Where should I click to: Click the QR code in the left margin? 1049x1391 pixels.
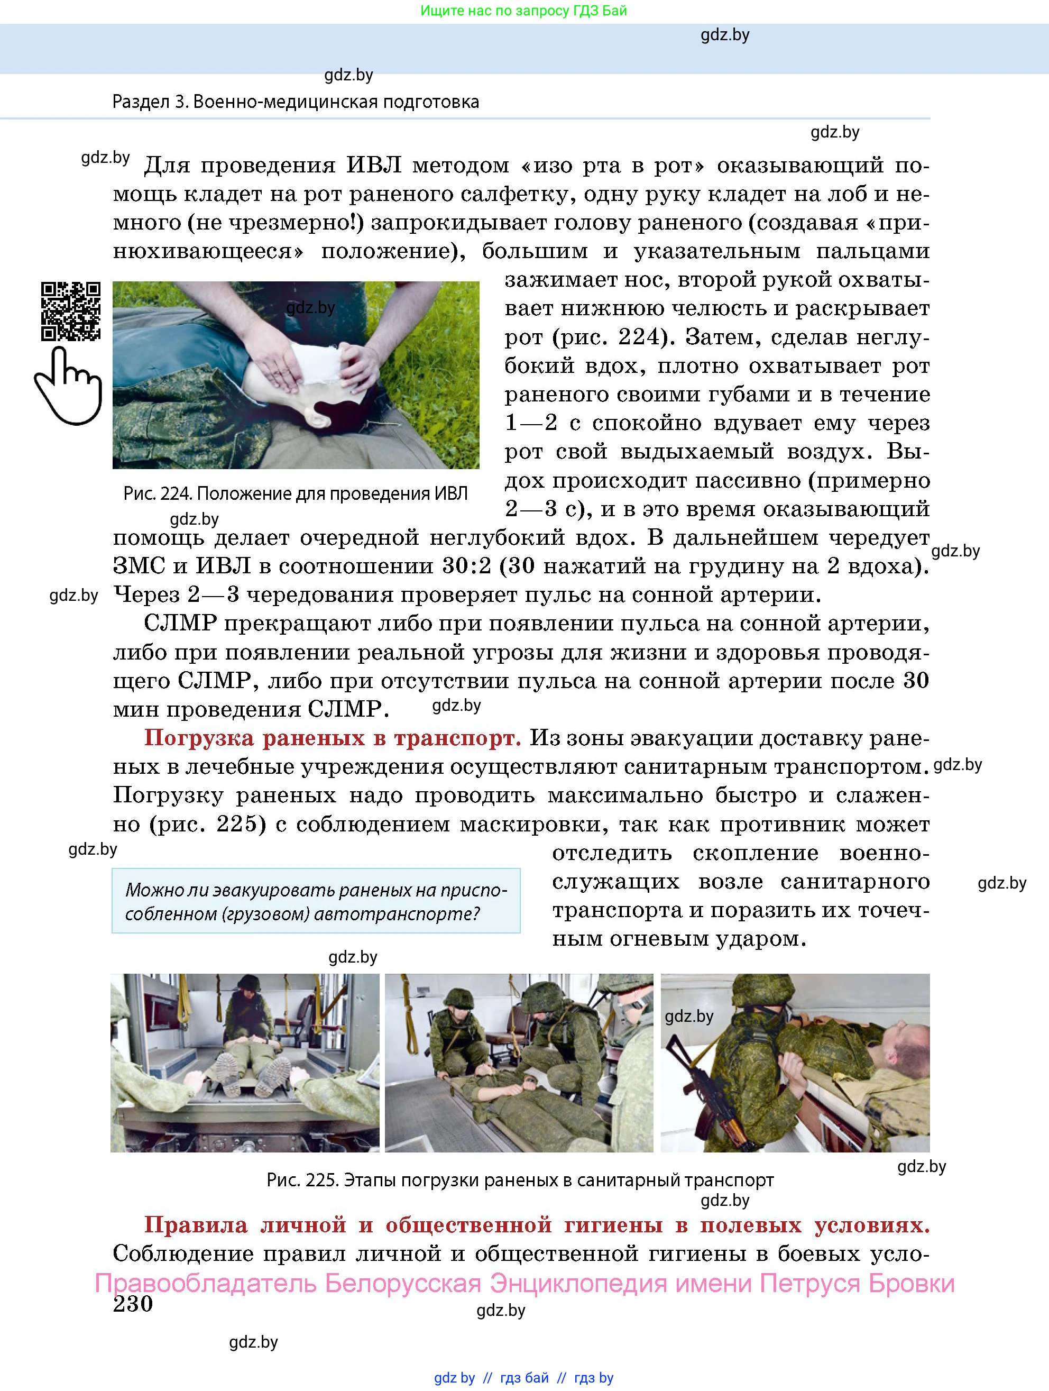pyautogui.click(x=70, y=312)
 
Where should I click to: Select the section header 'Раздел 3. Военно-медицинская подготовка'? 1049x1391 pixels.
pyautogui.click(x=296, y=102)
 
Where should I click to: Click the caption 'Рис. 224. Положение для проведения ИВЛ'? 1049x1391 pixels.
pyautogui.click(x=296, y=493)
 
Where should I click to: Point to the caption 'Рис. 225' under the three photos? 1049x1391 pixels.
pyautogui.click(x=520, y=1180)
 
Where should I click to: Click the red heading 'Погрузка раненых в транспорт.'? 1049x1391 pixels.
pyautogui.click(x=333, y=738)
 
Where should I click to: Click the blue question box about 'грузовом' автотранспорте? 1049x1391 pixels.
pyautogui.click(x=316, y=901)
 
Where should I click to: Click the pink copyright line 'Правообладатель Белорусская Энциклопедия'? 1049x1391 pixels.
pyautogui.click(x=524, y=1283)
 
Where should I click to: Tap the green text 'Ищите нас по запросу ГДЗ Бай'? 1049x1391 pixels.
pyautogui.click(x=523, y=11)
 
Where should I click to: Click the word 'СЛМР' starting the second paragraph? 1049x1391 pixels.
pyautogui.click(x=180, y=624)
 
